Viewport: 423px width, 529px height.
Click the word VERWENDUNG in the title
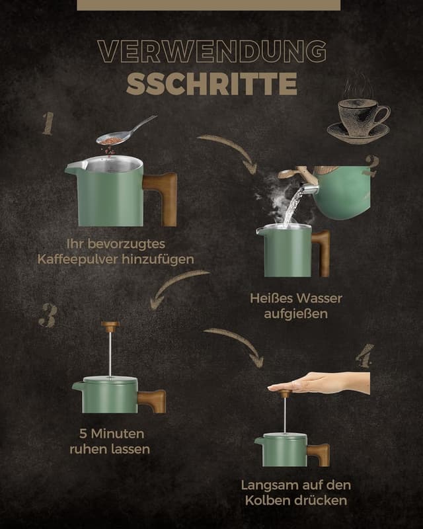coord(211,52)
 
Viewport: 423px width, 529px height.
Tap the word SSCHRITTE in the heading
coord(211,84)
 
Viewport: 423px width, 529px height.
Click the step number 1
coord(48,124)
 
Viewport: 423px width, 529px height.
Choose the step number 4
coord(364,356)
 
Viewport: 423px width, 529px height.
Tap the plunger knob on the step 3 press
coord(110,325)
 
